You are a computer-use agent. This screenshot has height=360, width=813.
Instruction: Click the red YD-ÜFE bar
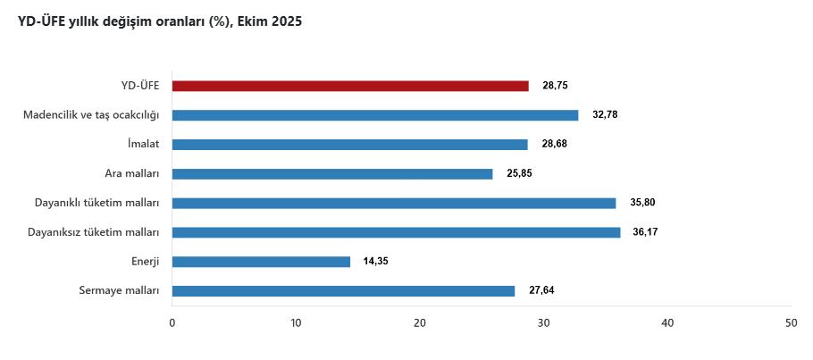tap(350, 86)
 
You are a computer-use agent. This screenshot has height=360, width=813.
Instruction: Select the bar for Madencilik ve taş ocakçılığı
tap(375, 115)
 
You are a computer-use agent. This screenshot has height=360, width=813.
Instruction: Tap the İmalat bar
tap(349, 144)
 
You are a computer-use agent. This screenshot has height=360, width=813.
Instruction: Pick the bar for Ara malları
tap(332, 173)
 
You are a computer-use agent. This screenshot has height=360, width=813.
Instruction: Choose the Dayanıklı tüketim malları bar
tap(394, 203)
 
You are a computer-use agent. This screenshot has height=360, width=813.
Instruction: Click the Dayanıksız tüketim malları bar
tap(396, 232)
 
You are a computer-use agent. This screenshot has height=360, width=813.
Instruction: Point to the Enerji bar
tap(261, 262)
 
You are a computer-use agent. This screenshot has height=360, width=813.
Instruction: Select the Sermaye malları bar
tap(343, 290)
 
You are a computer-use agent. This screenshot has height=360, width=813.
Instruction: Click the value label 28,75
tap(555, 86)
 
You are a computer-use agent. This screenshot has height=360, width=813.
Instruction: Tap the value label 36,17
tap(646, 232)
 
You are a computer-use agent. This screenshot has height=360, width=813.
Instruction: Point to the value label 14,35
tap(376, 262)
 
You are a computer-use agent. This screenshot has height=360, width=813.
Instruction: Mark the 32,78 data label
tap(605, 115)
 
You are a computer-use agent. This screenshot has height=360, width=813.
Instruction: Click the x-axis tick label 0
tap(172, 322)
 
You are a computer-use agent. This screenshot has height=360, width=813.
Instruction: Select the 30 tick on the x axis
tap(543, 322)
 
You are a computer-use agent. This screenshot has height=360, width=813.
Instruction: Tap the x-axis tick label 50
tap(791, 322)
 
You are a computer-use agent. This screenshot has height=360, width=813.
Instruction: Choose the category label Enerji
tap(145, 262)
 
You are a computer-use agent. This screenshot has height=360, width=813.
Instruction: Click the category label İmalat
tap(143, 144)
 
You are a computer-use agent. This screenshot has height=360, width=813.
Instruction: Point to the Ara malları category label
tap(132, 173)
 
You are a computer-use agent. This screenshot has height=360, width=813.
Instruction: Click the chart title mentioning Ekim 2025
tap(160, 22)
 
